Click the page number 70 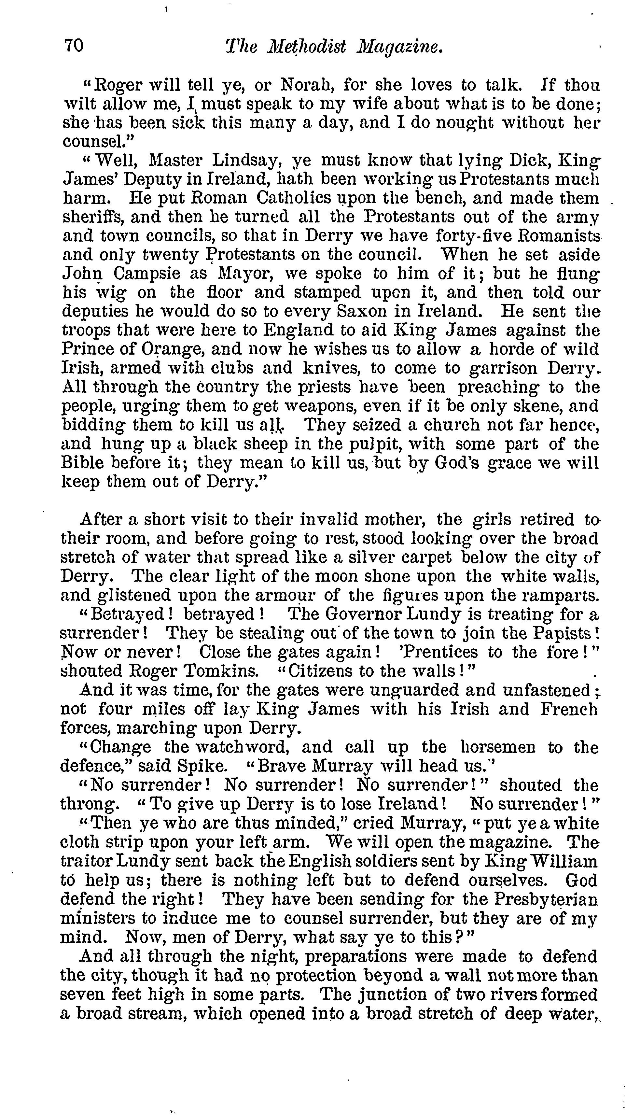coord(74,46)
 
